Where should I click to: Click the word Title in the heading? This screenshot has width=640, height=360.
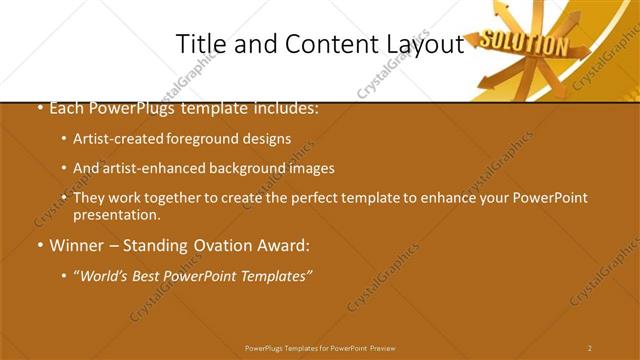point(199,45)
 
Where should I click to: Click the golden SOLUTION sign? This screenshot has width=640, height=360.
point(523,44)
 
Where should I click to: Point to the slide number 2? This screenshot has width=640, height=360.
point(590,348)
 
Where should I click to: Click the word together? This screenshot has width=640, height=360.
point(173,198)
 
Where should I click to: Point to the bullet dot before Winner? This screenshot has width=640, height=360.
point(39,245)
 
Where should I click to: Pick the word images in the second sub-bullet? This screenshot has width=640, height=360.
point(307,169)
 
